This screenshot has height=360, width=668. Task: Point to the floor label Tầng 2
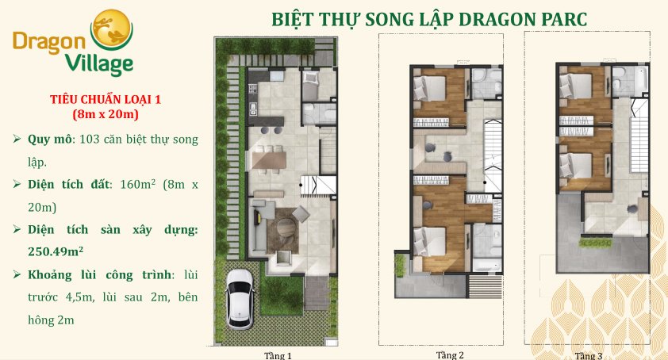point(449,354)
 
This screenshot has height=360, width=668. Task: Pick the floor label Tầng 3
point(590,355)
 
